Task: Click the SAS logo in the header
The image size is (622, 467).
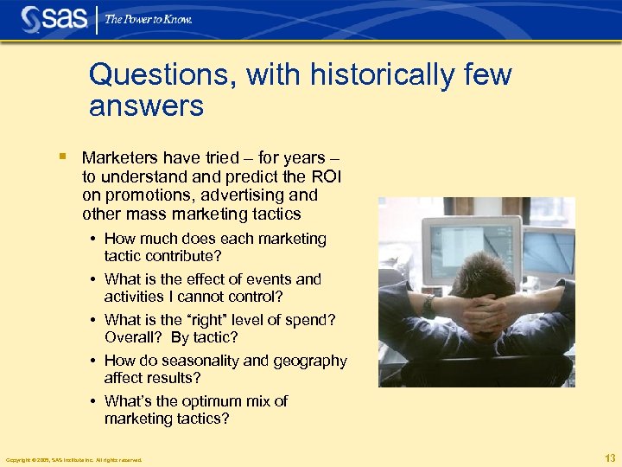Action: click(54, 18)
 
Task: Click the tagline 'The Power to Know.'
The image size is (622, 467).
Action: click(149, 19)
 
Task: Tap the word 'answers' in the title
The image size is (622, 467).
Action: click(146, 106)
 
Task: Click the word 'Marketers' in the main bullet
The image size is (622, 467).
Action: click(120, 158)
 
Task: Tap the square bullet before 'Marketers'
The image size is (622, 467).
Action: click(63, 157)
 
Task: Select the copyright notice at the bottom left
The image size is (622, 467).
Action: click(73, 460)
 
